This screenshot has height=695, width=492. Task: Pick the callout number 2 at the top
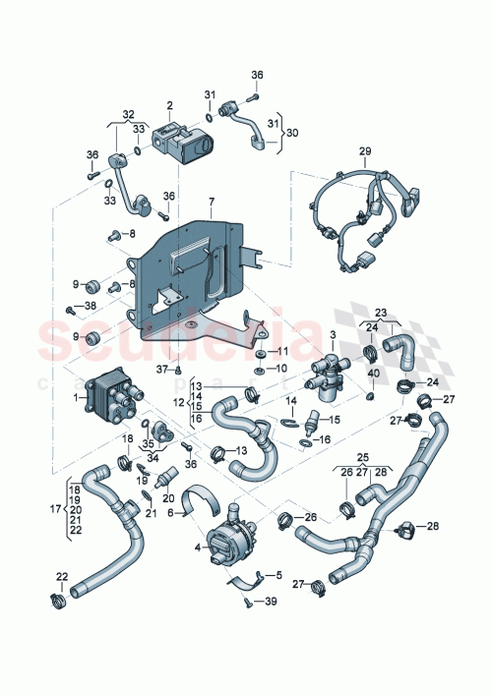coord(169,105)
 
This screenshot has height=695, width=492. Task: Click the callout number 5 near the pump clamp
coord(277,575)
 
